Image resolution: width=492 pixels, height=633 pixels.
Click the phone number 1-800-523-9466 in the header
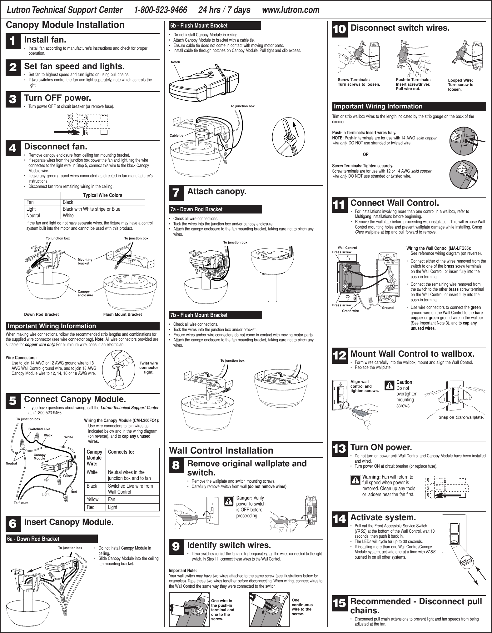click(x=160, y=10)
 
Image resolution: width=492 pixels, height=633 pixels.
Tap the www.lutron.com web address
click(x=291, y=10)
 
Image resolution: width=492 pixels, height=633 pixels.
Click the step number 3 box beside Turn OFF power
click(x=13, y=100)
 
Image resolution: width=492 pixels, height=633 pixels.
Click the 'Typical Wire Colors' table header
click(x=102, y=195)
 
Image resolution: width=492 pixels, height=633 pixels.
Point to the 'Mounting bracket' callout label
click(x=85, y=261)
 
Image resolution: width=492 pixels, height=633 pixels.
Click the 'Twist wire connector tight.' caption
click(x=149, y=368)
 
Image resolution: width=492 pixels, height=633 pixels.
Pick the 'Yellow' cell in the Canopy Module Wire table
click(x=93, y=499)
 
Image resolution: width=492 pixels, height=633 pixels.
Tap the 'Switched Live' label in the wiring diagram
click(x=39, y=429)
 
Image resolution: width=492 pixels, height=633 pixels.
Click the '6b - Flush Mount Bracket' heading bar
click(x=215, y=26)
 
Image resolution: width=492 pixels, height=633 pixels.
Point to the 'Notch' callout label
click(x=176, y=62)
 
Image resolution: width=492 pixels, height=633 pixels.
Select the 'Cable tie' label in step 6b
click(x=176, y=135)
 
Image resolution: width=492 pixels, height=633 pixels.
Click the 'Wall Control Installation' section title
click(x=221, y=450)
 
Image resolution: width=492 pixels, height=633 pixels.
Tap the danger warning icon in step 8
click(x=230, y=501)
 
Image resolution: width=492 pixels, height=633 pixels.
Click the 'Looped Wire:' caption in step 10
click(x=460, y=80)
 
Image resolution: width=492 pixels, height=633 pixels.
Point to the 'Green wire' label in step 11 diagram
click(x=350, y=311)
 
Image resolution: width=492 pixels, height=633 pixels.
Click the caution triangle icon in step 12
click(x=390, y=386)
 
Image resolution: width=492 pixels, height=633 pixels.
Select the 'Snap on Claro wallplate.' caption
click(x=461, y=417)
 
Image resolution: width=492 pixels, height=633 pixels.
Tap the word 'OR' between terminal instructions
click(x=365, y=154)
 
